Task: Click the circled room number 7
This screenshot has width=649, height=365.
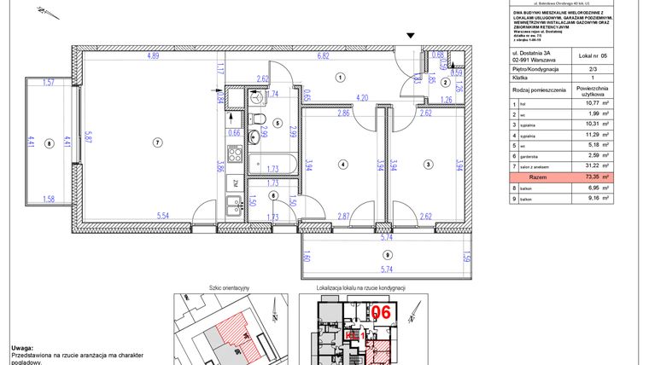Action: [156, 142]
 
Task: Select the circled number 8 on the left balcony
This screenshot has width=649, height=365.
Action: [49, 143]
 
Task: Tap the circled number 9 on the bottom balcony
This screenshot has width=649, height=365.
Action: [387, 255]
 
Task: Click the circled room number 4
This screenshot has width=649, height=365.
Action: [342, 165]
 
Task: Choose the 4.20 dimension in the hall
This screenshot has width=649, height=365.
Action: [362, 97]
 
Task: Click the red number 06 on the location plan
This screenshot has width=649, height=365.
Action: [380, 313]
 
